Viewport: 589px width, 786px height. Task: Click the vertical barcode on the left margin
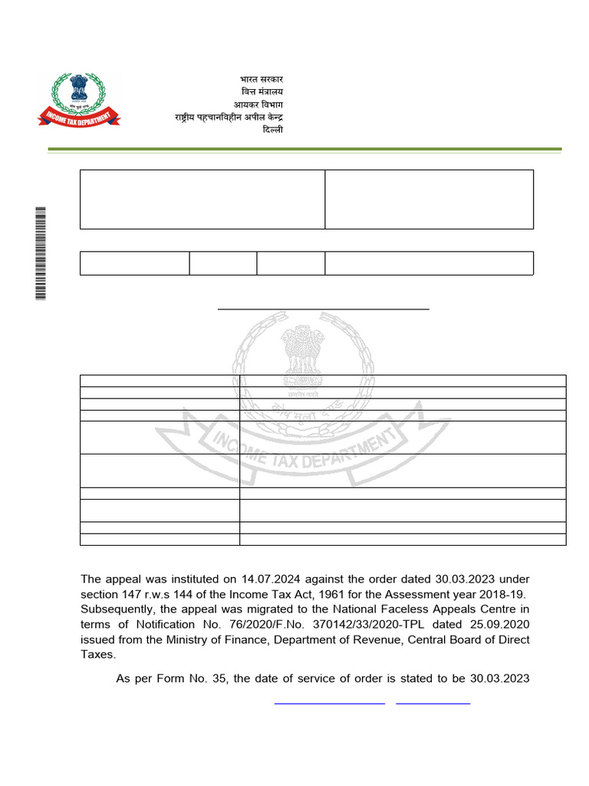pyautogui.click(x=41, y=253)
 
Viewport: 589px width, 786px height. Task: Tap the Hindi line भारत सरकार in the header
pyautogui.click(x=258, y=79)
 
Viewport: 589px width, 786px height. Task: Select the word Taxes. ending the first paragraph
pyautogui.click(x=98, y=656)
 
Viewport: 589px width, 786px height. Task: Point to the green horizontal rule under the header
pyautogui.click(x=305, y=149)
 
